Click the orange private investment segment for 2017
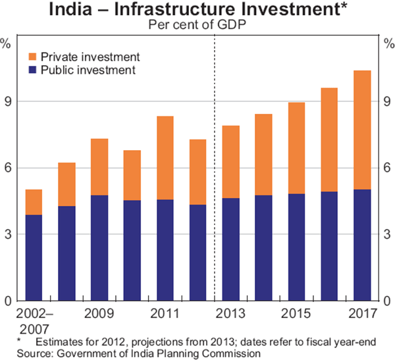pyautogui.click(x=362, y=130)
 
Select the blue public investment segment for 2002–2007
pyautogui.click(x=34, y=257)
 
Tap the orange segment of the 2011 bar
pyautogui.click(x=165, y=158)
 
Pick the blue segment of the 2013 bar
pyautogui.click(x=231, y=249)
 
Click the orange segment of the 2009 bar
pyautogui.click(x=99, y=167)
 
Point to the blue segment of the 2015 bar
pyautogui.click(x=297, y=247)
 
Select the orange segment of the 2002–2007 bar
pyautogui.click(x=34, y=202)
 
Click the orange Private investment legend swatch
pyautogui.click(x=32, y=57)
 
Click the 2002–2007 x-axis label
pyautogui.click(x=34, y=320)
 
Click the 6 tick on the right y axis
pyautogui.click(x=388, y=168)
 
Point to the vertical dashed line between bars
pyautogui.click(x=215, y=165)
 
